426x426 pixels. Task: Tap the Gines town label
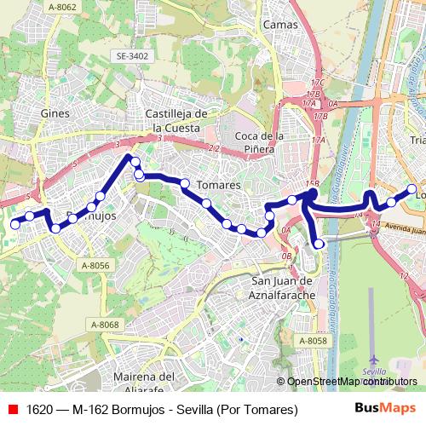pyautogui.click(x=55, y=113)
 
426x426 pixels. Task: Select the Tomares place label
pyautogui.click(x=218, y=185)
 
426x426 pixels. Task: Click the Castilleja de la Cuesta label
pyautogui.click(x=177, y=120)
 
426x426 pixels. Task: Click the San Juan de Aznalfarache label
pyautogui.click(x=284, y=287)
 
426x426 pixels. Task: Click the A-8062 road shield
pyautogui.click(x=62, y=8)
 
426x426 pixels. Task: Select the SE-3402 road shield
pyautogui.click(x=132, y=56)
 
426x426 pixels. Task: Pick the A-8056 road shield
pyautogui.click(x=95, y=266)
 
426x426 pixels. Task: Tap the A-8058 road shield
pyautogui.click(x=313, y=341)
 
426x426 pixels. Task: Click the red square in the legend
pyautogui.click(x=13, y=410)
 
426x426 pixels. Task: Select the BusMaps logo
pyautogui.click(x=385, y=409)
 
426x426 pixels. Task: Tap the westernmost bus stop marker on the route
pyautogui.click(x=14, y=224)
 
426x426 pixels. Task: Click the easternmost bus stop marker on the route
pyautogui.click(x=412, y=189)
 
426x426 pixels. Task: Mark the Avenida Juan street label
pyautogui.click(x=399, y=227)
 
